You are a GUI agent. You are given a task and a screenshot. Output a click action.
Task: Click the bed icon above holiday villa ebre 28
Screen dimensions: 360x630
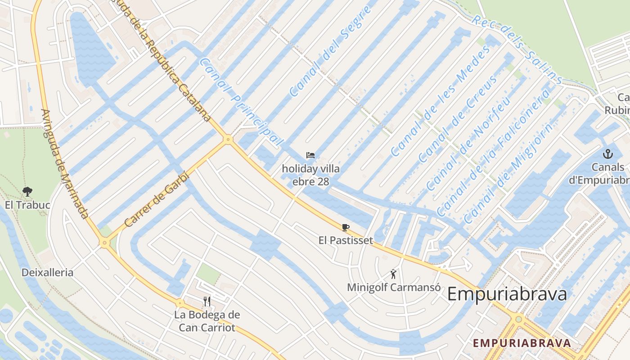point(310,156)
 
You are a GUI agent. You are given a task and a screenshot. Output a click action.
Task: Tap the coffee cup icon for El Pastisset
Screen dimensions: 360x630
point(345,227)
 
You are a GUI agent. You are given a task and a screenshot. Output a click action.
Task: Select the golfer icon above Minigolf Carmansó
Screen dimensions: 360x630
point(393,274)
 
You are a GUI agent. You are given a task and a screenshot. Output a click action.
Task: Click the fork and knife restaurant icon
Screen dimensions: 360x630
point(207,301)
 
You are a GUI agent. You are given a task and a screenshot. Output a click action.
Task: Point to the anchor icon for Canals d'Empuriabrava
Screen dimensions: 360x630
point(608,154)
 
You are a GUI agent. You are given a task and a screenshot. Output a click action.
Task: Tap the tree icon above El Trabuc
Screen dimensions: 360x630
point(27,191)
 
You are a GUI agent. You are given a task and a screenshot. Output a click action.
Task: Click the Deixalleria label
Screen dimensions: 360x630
point(47,272)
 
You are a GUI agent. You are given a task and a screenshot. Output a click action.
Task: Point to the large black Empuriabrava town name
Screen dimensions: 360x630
point(507,294)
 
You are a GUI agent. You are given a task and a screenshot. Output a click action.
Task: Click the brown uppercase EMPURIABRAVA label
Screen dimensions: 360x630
point(522,343)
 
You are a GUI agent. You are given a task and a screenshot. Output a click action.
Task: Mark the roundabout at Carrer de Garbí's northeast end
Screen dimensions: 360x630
point(228,139)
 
